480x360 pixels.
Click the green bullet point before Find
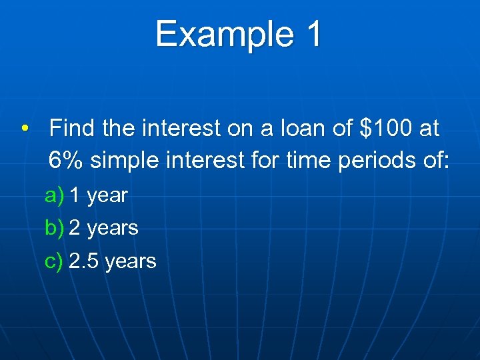[24, 129]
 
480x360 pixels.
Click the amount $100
[387, 128]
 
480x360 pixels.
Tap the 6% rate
[66, 160]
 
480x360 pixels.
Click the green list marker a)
[54, 195]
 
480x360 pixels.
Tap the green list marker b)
[54, 228]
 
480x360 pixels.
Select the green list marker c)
[54, 261]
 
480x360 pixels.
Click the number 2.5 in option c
[84, 261]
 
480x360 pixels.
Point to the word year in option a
[107, 196]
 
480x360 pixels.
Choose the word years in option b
[113, 229]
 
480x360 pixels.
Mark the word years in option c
[130, 261]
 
